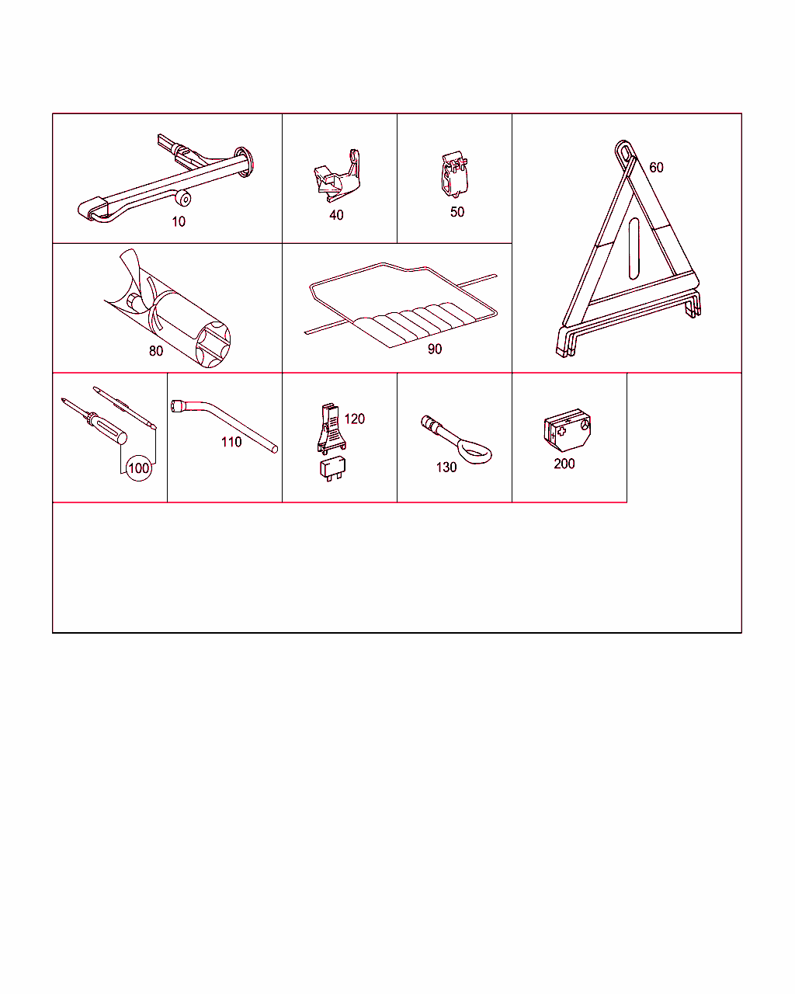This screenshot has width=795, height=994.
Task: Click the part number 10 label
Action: click(179, 222)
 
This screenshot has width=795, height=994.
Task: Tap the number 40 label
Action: click(336, 215)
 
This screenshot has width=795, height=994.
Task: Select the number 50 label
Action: click(457, 212)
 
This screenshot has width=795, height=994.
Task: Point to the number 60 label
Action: click(656, 167)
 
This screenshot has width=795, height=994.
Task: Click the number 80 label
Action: click(156, 351)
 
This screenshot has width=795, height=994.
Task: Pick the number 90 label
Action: click(435, 349)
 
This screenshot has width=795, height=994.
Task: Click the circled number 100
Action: click(139, 468)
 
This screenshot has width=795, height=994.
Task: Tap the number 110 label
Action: click(231, 442)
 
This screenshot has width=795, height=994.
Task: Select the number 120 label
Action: click(355, 419)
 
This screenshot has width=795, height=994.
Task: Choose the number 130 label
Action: click(446, 467)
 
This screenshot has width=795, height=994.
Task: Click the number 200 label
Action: click(564, 464)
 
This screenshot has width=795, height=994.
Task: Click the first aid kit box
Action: click(568, 430)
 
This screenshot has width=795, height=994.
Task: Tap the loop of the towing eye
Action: click(476, 452)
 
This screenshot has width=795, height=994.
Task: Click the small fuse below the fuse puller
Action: click(332, 469)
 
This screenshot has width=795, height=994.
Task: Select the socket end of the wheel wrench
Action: click(177, 406)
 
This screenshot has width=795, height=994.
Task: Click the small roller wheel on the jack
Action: click(183, 198)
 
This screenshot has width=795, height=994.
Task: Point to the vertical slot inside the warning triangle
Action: click(634, 248)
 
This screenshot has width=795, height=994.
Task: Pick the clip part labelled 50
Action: click(454, 174)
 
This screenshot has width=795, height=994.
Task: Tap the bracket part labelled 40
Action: click(337, 176)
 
